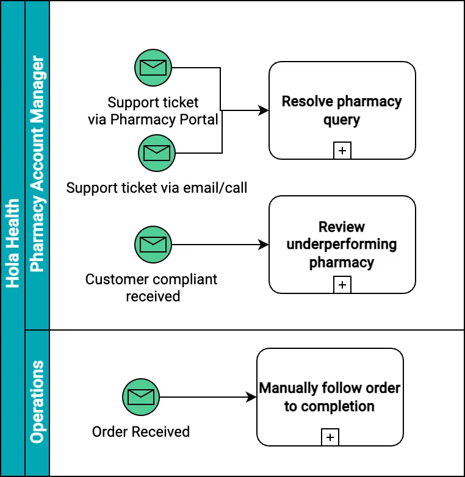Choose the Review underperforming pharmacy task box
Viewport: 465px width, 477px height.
point(342,244)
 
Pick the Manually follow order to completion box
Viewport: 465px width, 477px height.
point(330,396)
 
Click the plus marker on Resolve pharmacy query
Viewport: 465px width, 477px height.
point(342,150)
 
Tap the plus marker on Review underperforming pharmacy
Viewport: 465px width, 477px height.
point(342,284)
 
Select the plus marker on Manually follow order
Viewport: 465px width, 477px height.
point(330,437)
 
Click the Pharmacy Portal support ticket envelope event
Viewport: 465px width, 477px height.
point(153,67)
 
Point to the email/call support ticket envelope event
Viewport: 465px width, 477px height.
point(157,152)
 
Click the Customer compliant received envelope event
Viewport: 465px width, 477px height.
point(153,245)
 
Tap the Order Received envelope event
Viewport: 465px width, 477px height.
point(141,397)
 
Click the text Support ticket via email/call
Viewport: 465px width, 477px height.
point(157,188)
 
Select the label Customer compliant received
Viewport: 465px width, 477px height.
point(152,288)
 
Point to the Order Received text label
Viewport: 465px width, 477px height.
point(141,432)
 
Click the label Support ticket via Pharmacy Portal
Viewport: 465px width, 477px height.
point(153,111)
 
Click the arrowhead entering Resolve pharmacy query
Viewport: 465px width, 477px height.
point(264,110)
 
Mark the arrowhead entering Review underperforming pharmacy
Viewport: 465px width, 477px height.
point(264,245)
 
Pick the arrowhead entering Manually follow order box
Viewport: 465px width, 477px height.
point(251,397)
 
